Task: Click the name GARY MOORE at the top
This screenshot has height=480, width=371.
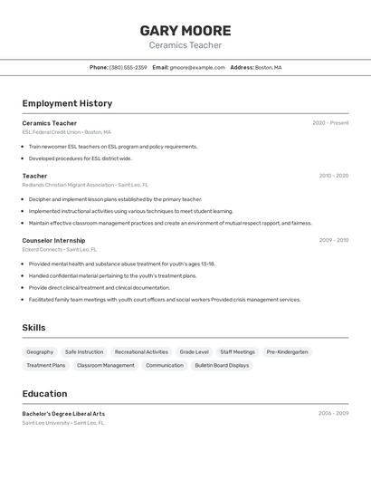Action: [185, 30]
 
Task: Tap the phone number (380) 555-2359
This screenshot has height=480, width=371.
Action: [128, 67]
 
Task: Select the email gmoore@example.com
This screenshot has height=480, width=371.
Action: [197, 67]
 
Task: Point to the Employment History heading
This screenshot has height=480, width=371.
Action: [67, 103]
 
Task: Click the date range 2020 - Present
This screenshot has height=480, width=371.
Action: [330, 123]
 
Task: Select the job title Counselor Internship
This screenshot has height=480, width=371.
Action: [53, 241]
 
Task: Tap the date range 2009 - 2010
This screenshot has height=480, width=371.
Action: [333, 241]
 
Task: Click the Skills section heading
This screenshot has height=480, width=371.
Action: [33, 328]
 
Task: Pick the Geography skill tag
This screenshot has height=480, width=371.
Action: [40, 352]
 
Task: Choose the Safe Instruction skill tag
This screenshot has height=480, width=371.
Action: [84, 352]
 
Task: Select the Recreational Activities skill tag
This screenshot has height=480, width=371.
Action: [141, 352]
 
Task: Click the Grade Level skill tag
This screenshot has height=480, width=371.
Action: [194, 352]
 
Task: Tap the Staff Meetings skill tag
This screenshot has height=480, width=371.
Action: [237, 352]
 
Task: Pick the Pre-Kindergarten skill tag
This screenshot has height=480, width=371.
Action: [287, 352]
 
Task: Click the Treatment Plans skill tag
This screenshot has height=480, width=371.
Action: [46, 366]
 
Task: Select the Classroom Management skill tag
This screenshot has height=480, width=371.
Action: [105, 366]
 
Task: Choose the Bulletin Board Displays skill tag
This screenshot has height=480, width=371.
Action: [222, 366]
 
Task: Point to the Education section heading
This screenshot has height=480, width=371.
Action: [44, 394]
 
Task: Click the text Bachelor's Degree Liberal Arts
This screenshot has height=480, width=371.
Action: [63, 414]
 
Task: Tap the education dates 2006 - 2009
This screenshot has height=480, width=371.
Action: [333, 413]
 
